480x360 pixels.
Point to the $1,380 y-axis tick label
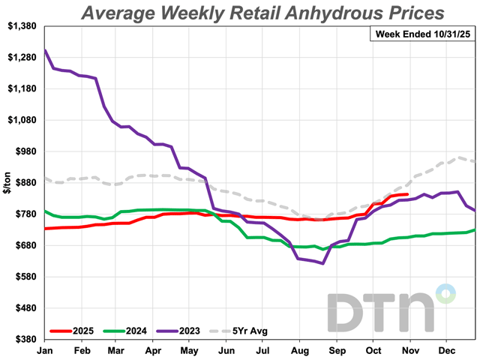pyautogui.click(x=22, y=26)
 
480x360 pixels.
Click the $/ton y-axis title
pyautogui.click(x=7, y=183)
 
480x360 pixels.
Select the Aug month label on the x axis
pyautogui.click(x=297, y=350)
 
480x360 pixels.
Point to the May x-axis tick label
pyautogui.click(x=189, y=350)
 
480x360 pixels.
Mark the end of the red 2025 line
pyautogui.click(x=407, y=194)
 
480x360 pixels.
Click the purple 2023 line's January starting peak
pyautogui.click(x=46, y=51)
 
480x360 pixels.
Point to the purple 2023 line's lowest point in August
pyautogui.click(x=322, y=263)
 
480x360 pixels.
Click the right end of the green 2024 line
pyautogui.click(x=475, y=230)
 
